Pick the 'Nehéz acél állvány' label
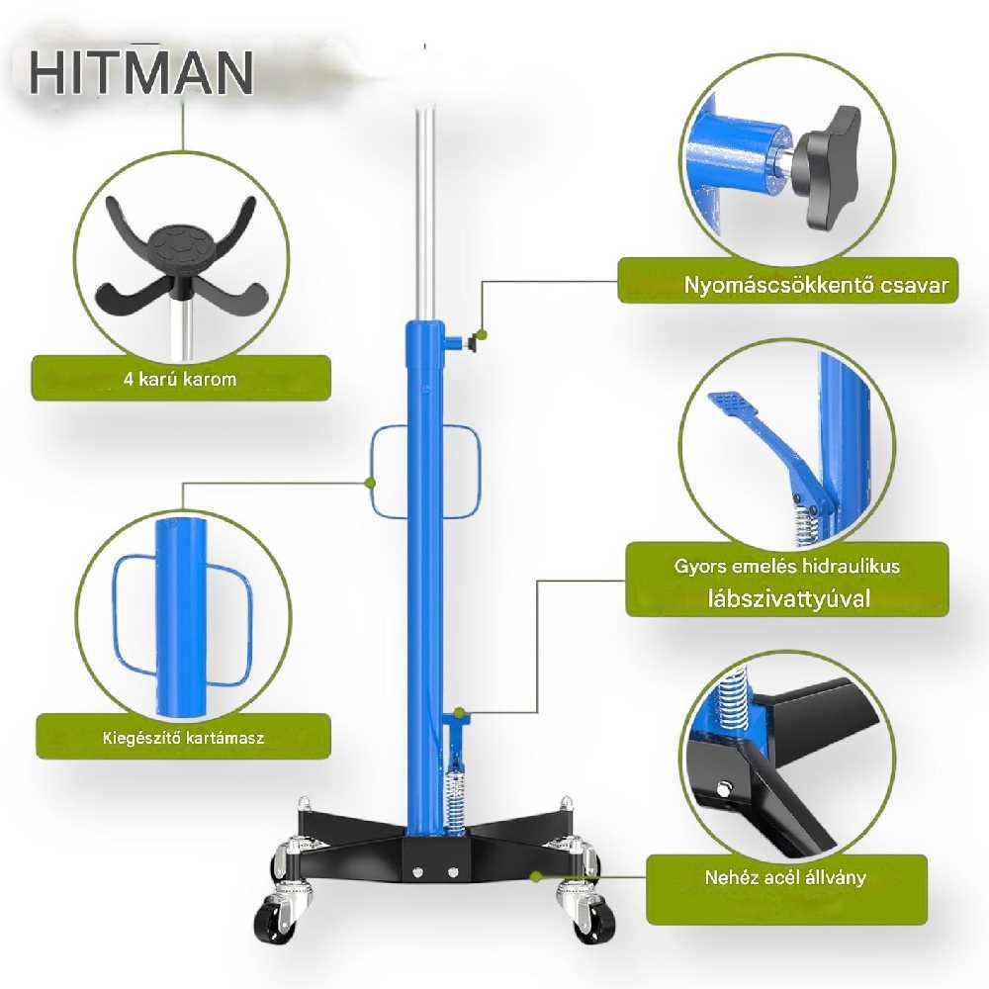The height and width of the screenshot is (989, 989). click(786, 876)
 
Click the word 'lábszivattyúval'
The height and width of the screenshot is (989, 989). click(787, 598)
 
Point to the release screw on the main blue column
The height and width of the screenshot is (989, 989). click(468, 342)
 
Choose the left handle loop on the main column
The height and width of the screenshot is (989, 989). click(390, 472)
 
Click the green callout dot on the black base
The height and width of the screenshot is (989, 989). click(536, 875)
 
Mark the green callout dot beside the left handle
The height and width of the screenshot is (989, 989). click(369, 483)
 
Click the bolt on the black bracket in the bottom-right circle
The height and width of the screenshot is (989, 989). click(726, 788)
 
